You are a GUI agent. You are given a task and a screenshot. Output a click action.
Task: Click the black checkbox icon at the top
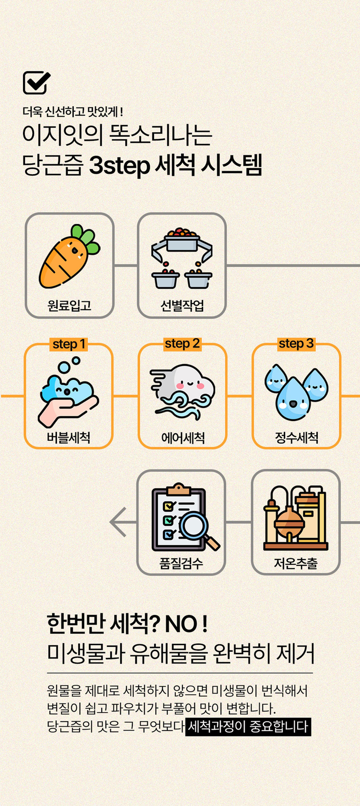36,82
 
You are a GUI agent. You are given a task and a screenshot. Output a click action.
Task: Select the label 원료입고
69,305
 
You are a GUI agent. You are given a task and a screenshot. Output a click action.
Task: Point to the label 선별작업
182,306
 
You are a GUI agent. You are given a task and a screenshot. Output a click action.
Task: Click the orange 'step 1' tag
69,344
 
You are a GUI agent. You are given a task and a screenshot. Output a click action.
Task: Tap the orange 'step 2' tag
182,344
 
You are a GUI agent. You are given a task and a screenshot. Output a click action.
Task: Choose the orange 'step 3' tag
296,344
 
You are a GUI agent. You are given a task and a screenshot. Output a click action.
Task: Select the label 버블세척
69,438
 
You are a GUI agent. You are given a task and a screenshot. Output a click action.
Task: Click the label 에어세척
183,438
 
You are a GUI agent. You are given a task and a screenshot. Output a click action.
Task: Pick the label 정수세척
296,438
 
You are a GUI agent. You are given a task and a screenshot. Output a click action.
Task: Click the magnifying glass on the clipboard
196,526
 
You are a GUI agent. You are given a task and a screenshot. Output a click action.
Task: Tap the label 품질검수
181,563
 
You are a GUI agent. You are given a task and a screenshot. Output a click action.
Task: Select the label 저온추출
296,563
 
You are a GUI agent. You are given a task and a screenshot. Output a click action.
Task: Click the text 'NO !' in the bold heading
186,624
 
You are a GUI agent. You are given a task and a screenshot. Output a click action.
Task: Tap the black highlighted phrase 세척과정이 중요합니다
248,726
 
